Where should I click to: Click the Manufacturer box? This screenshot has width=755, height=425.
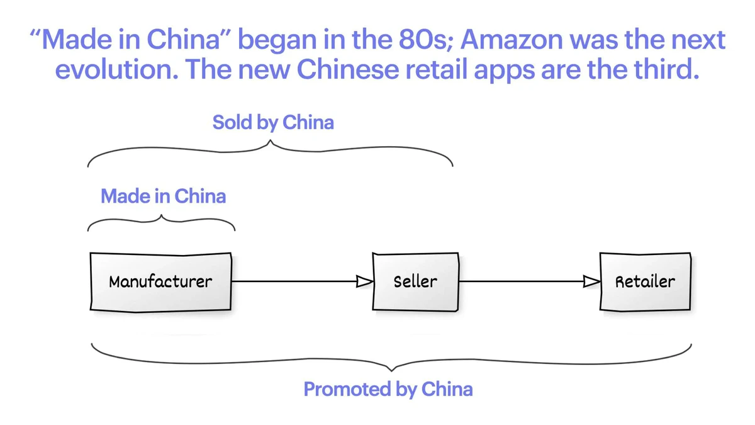[x=160, y=281]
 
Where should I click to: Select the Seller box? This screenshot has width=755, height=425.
[x=415, y=281]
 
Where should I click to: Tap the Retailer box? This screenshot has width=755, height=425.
[x=645, y=281]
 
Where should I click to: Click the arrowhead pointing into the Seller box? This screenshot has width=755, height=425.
[x=365, y=281]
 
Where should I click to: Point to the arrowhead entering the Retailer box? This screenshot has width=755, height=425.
[x=591, y=281]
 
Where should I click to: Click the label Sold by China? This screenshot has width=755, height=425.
[x=273, y=122]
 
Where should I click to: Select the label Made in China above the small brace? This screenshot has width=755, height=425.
[x=163, y=196]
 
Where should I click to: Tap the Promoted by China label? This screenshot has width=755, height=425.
[x=388, y=389]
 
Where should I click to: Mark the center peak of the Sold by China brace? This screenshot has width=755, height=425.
[x=271, y=142]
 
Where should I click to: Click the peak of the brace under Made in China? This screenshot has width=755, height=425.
[x=162, y=216]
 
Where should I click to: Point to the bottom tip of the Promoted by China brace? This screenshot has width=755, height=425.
[x=391, y=370]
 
